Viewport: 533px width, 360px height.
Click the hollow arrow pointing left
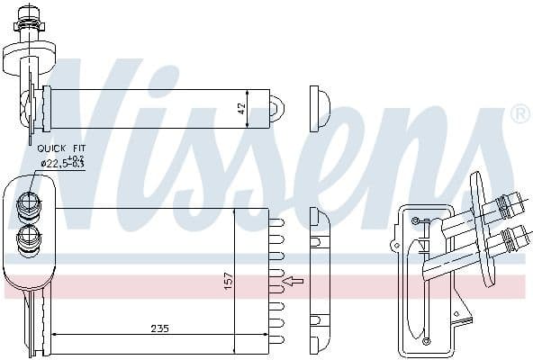[294, 282]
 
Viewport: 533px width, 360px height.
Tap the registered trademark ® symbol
[519, 114]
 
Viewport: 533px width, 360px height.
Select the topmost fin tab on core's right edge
[276, 220]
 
